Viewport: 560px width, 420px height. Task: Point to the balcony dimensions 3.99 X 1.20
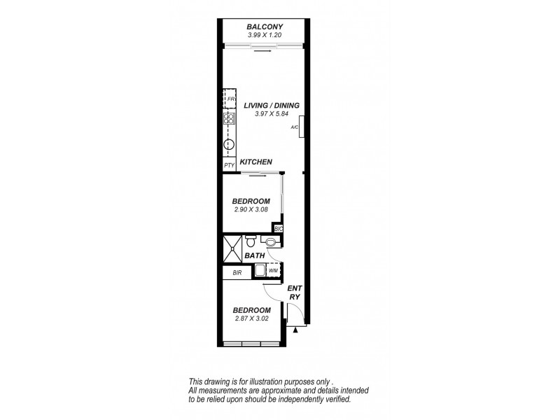(x=263, y=35)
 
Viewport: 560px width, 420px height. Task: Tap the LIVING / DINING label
(x=272, y=106)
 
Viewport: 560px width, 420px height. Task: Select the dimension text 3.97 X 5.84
(x=271, y=114)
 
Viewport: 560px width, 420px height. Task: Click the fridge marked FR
(x=229, y=99)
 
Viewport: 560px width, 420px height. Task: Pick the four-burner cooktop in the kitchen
(x=229, y=118)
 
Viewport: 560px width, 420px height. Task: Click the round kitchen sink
(x=229, y=146)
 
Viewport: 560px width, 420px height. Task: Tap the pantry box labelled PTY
(x=229, y=165)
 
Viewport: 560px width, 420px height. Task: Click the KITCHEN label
(x=255, y=162)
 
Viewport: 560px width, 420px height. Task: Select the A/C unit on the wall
(x=300, y=128)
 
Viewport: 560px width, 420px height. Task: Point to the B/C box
(x=278, y=229)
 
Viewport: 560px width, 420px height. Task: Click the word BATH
(x=254, y=256)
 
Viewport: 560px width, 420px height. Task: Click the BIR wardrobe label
(x=237, y=272)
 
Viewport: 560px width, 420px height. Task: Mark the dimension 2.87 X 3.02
(x=251, y=318)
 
